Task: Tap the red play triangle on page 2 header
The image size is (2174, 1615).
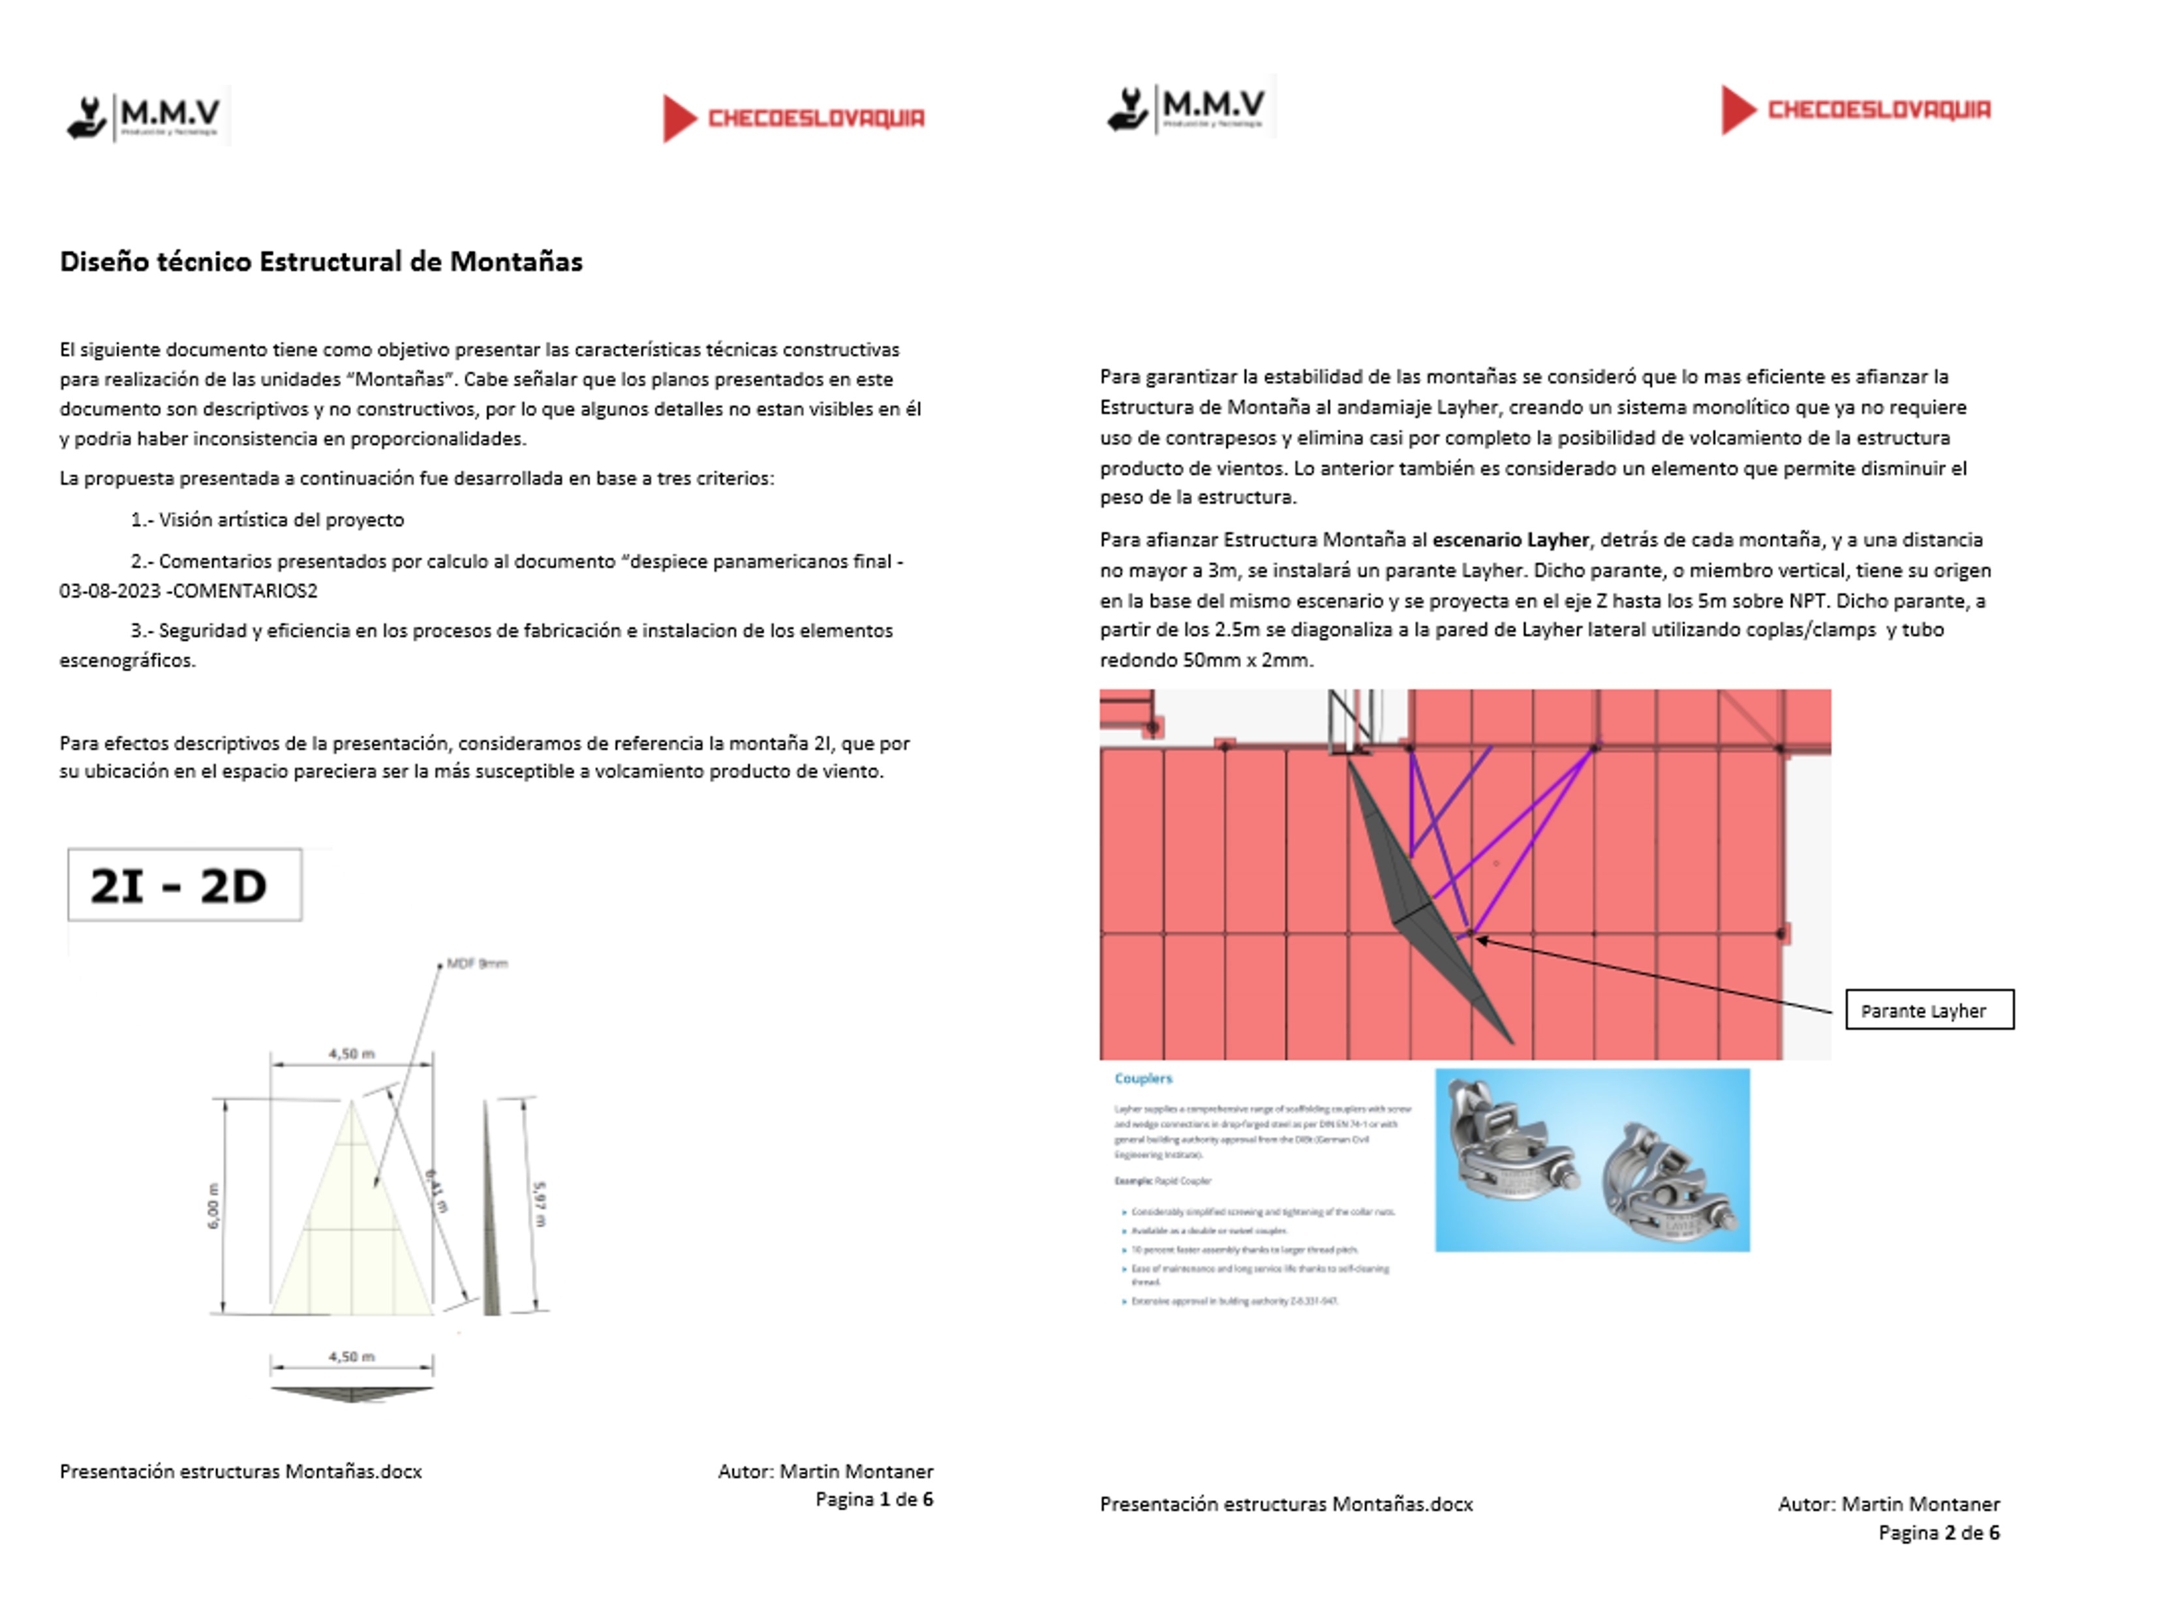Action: point(1738,110)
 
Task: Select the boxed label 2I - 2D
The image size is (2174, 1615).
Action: point(184,885)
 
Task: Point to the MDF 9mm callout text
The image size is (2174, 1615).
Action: point(477,964)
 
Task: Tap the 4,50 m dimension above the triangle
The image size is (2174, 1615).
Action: point(351,1054)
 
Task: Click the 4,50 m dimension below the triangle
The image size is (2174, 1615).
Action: point(351,1357)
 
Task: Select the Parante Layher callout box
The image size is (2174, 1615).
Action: point(1929,1011)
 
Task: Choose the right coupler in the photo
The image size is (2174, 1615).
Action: point(1666,1185)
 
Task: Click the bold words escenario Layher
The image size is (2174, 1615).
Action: point(1510,540)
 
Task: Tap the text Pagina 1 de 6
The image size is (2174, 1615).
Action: point(874,1500)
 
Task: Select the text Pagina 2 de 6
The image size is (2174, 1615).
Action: point(1938,1533)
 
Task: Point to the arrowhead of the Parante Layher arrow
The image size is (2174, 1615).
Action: point(1480,940)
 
